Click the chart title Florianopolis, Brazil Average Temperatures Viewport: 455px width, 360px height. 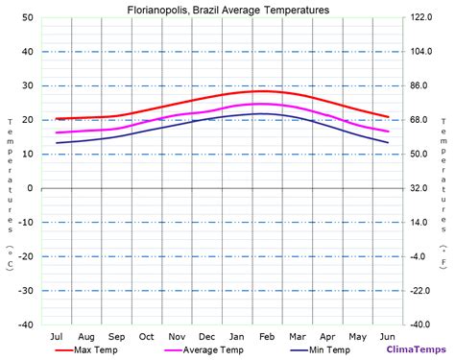[x=227, y=10]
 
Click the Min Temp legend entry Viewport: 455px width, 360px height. [x=329, y=349]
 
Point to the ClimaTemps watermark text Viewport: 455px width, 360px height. [x=411, y=349]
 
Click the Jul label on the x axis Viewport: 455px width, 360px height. [x=57, y=336]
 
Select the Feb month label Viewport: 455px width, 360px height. [x=267, y=336]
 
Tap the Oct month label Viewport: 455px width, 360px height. [x=147, y=336]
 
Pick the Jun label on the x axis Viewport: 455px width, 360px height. [x=388, y=336]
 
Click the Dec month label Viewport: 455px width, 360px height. [x=206, y=336]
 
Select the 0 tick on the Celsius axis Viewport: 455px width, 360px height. [x=31, y=188]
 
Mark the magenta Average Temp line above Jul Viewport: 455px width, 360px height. [x=57, y=132]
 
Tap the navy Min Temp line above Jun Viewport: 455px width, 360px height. [x=388, y=142]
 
